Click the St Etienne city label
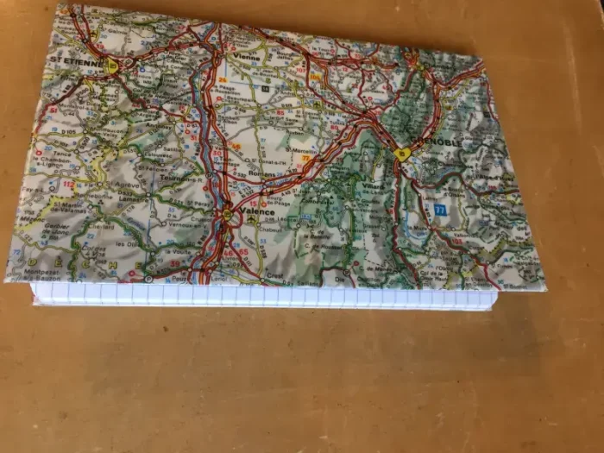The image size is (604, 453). point(77,59)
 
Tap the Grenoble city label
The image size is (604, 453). point(431,142)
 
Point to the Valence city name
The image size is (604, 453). point(258,211)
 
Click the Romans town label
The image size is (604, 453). point(261,175)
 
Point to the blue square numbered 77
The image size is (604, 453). point(441,210)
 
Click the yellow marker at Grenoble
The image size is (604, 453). point(401,154)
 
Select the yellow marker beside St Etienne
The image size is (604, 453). point(113,64)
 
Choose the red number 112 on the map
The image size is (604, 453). point(68,185)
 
